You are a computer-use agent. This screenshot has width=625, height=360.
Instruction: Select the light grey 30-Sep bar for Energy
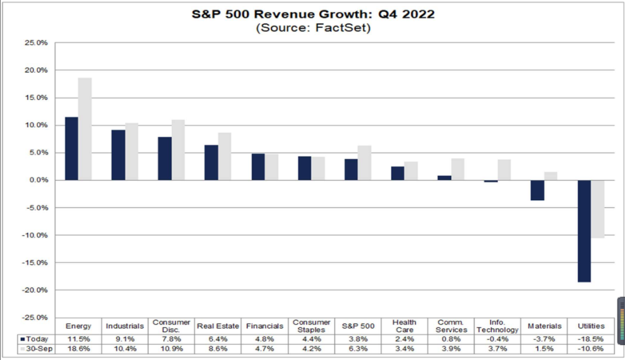pos(85,129)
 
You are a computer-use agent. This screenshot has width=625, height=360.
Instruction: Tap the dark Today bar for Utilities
pos(584,231)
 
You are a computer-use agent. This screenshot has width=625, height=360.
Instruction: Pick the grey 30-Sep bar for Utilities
pos(598,209)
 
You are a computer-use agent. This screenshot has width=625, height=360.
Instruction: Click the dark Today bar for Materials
pos(537,190)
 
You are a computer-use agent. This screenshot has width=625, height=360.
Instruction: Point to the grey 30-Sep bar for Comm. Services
pos(458,169)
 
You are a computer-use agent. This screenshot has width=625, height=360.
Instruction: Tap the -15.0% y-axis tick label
pos(36,263)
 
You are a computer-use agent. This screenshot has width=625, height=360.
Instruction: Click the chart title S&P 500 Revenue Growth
pos(313,14)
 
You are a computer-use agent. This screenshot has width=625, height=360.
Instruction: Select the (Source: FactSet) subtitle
pos(313,28)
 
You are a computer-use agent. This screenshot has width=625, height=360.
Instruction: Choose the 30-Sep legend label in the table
pos(38,350)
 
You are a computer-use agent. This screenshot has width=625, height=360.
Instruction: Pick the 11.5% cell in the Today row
pos(79,339)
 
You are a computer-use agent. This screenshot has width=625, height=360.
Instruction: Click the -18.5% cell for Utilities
pos(590,339)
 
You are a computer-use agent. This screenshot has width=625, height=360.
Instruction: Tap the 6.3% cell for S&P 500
pos(358,350)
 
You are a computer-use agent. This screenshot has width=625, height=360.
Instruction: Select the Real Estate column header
pos(218,325)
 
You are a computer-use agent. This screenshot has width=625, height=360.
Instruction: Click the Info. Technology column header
pos(497,325)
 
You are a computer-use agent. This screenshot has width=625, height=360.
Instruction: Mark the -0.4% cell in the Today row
pos(497,339)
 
